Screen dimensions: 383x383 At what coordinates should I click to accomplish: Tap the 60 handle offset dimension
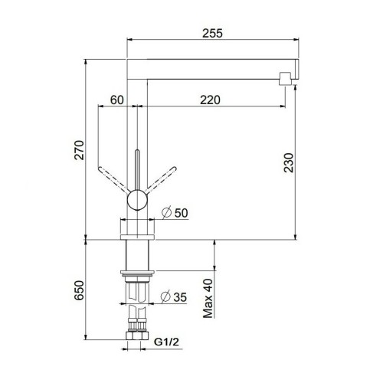point(116,99)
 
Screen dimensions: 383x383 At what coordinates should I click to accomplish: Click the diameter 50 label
point(176,213)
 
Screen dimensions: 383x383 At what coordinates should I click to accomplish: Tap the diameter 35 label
point(176,298)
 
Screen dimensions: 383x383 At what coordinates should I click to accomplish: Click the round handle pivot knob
point(136,201)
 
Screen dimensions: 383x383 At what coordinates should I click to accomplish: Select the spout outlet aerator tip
point(285,77)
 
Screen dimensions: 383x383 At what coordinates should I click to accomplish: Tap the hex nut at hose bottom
point(138,339)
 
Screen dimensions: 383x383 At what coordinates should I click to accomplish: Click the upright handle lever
point(136,169)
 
